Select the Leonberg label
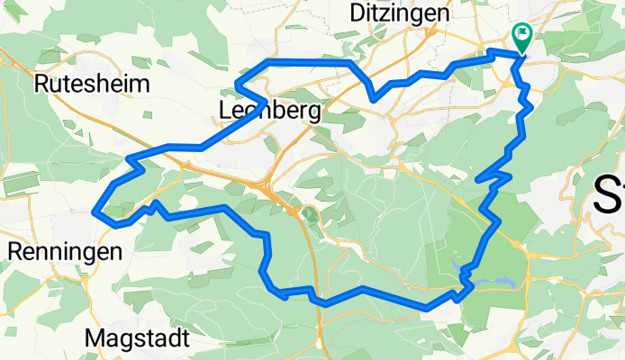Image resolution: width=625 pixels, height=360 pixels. [270, 111]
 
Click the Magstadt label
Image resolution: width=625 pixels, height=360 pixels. [137, 339]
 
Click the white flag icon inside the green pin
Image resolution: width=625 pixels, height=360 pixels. [522, 34]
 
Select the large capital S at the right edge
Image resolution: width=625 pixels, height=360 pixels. [606, 194]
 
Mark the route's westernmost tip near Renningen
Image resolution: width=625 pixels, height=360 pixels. [95, 212]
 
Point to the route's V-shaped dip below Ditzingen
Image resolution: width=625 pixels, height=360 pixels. [373, 99]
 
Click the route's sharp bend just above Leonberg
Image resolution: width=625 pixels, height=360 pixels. [237, 85]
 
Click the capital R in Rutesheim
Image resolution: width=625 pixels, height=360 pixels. [41, 85]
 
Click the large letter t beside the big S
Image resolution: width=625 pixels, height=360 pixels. [620, 194]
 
